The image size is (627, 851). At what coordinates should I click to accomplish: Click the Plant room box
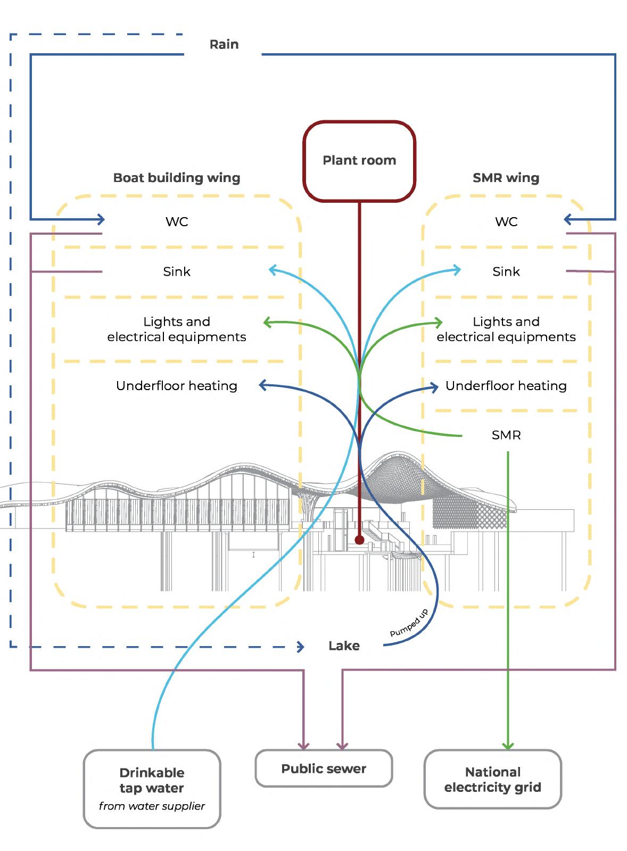[359, 161]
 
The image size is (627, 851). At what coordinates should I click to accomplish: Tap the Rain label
[224, 44]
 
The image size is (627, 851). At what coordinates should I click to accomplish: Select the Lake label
[344, 646]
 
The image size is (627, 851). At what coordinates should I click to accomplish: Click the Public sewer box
[324, 769]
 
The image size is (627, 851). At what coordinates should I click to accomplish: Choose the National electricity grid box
[492, 780]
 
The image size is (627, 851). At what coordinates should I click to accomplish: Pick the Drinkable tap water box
[152, 788]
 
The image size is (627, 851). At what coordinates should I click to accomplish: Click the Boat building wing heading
[177, 178]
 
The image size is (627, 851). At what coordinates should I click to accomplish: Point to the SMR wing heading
[506, 178]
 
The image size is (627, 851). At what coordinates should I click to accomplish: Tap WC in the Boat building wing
[177, 221]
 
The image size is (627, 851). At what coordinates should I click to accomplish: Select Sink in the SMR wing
[506, 271]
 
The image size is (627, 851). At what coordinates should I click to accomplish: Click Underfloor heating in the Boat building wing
[177, 386]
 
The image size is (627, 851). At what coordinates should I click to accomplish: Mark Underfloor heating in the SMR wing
[506, 386]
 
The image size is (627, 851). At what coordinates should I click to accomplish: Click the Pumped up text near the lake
[409, 624]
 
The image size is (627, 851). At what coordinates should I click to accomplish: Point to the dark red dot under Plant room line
[359, 540]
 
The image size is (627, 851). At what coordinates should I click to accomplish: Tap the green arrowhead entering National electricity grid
[508, 746]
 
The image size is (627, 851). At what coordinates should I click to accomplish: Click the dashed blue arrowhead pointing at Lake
[301, 647]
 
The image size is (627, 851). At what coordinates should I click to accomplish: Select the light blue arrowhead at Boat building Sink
[273, 270]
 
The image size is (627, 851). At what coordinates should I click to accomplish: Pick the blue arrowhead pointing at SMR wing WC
[568, 219]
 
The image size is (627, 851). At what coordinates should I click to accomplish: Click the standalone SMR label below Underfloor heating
[506, 435]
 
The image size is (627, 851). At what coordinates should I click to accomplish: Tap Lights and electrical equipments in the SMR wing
[506, 329]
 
